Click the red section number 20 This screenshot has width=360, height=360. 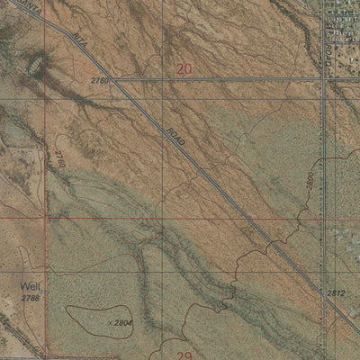pos(184,67)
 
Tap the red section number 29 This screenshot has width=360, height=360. pos(184,355)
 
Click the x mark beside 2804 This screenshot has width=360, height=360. pos(108,321)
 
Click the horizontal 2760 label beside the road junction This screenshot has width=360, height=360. pos(100,81)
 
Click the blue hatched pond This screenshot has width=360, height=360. pos(39,66)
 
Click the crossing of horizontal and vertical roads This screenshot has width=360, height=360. pos(323,80)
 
